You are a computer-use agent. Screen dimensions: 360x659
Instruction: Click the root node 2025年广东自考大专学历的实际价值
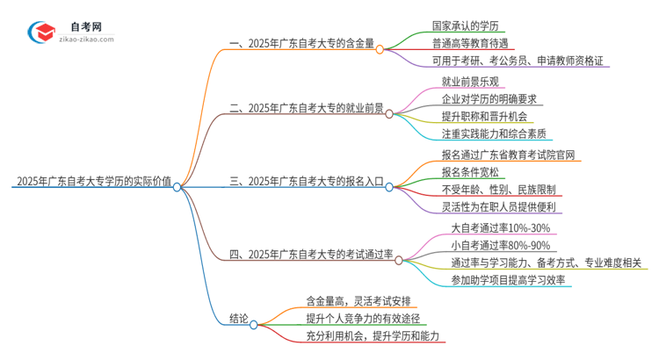92,183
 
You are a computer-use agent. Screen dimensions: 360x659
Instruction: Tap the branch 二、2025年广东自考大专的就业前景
307,109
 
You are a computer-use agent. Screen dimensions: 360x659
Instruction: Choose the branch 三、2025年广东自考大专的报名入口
307,183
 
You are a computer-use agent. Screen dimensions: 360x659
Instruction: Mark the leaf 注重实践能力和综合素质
495,133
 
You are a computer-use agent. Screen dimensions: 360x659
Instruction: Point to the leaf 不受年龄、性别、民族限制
498,189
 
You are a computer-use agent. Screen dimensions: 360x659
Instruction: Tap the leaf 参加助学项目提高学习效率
509,280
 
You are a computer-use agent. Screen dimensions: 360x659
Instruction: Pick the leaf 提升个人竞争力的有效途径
363,318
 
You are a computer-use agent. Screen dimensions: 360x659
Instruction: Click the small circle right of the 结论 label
254,325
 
